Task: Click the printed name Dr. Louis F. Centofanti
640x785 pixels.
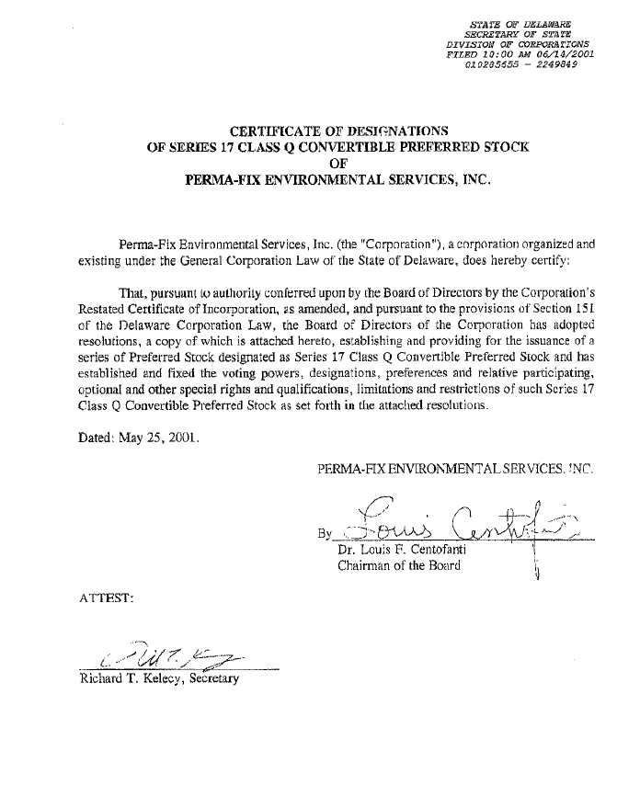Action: point(404,550)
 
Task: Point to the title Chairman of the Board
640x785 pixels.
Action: point(399,565)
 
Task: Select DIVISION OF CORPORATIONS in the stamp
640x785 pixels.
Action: point(518,44)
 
